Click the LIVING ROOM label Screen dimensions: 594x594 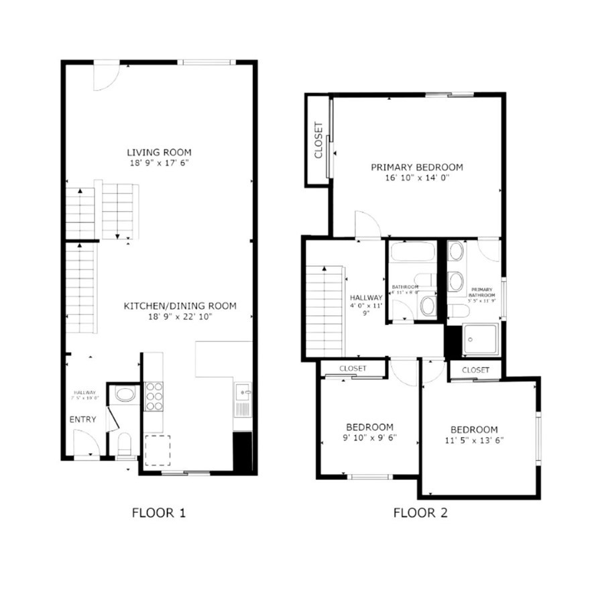point(159,152)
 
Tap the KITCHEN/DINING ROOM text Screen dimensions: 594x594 point(180,306)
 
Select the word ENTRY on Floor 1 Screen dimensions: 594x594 point(82,420)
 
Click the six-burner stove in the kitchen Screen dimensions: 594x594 point(154,396)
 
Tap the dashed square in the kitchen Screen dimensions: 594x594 point(158,450)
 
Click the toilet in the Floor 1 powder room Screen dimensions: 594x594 point(124,443)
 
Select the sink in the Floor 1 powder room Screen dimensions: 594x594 point(125,394)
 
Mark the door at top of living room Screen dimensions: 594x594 point(105,75)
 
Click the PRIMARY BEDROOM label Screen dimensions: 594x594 point(417,167)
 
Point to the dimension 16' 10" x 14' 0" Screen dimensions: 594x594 point(417,178)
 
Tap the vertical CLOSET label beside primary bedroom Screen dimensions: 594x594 point(318,141)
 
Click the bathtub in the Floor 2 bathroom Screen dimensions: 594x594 point(412,252)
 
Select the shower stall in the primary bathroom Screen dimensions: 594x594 point(481,340)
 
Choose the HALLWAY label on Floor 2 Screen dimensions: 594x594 point(366,298)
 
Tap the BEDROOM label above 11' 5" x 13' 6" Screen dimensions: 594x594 point(474,430)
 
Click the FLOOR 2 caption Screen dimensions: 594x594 point(420,514)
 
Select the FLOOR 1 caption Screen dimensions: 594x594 point(158,514)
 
